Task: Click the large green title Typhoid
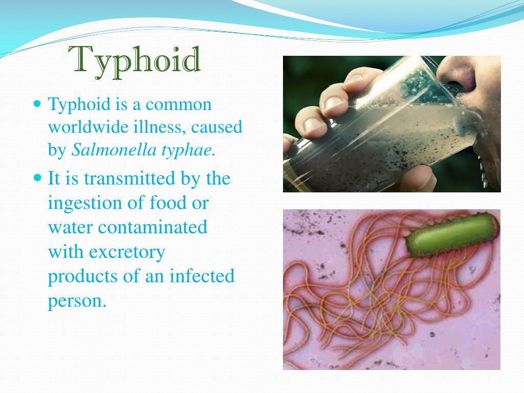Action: coord(135,60)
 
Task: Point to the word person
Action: coord(77,300)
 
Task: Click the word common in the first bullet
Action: coord(178,104)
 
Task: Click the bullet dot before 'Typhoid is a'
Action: coord(36,104)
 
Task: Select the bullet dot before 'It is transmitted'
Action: coord(36,178)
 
